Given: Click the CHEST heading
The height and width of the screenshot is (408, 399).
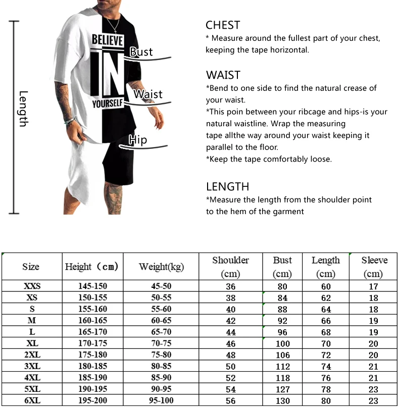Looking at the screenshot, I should pos(223,25).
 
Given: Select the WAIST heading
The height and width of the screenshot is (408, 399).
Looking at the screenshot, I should pos(223,75).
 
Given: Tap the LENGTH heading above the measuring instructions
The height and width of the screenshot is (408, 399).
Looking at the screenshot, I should pos(228,187).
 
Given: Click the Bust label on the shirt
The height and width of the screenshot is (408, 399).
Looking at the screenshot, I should pos(141,52).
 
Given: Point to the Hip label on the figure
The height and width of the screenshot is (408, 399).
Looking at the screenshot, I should pos(137,140).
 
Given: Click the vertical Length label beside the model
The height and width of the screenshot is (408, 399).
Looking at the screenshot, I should pos(23,109).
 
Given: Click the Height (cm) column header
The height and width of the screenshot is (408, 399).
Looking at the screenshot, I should pos(91,267).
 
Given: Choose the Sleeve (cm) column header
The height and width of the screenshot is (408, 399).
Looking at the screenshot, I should pos(374,267).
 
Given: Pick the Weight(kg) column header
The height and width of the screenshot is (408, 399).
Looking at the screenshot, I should pos(161,267).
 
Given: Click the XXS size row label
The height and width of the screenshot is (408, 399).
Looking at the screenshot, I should pos(32,286).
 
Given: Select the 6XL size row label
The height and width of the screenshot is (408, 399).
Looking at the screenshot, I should pos(32,400).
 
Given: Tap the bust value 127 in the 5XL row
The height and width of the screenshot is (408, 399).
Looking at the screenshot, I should pos(282,389).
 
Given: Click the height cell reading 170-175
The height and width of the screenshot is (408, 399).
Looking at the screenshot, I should pos(92,343).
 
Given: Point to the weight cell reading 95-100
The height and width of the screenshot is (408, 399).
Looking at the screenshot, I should pos(162,400).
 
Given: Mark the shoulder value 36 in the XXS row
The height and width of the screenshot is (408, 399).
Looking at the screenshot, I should pos(230,286).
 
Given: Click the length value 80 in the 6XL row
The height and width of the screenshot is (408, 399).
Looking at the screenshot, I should pos(326,400).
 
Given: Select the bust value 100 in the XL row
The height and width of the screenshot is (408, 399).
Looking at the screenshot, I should pos(282,343).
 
